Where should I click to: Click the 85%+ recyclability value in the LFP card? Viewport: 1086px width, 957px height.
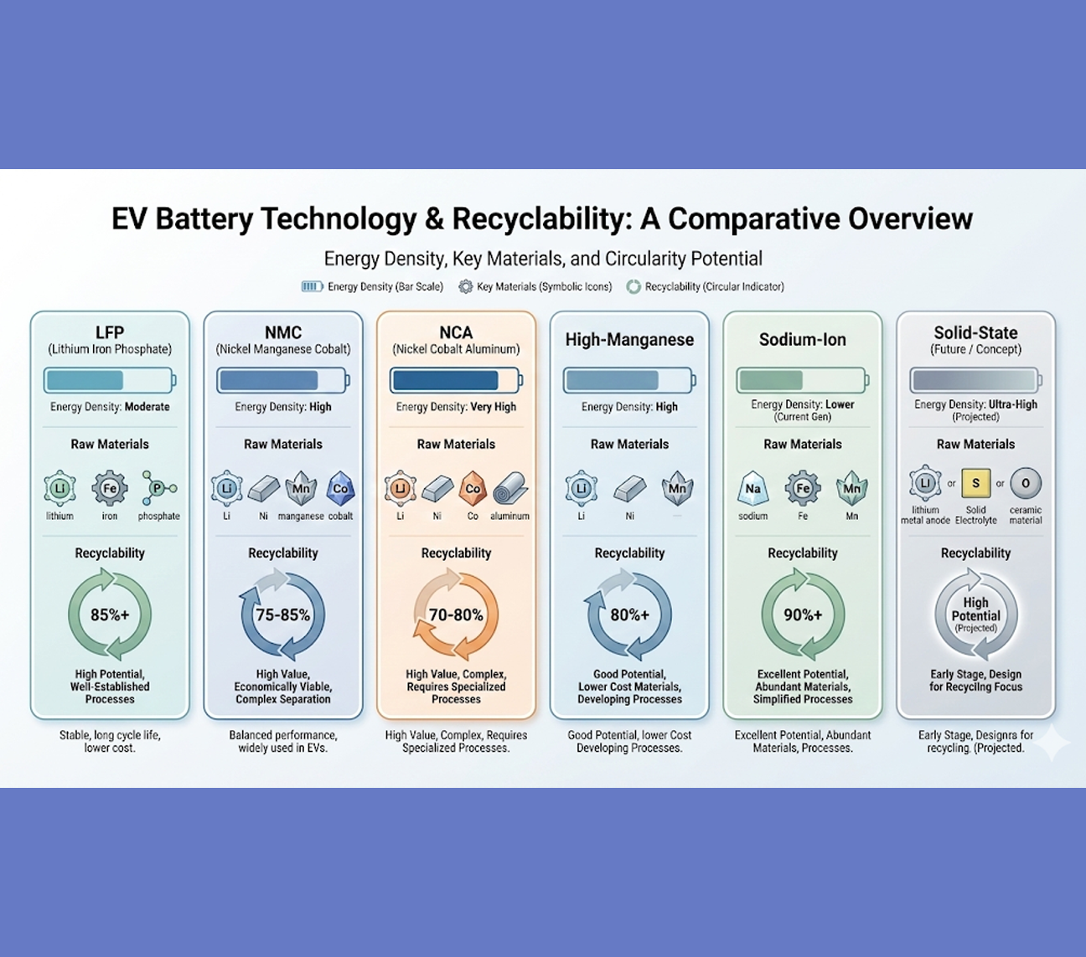pyautogui.click(x=110, y=615)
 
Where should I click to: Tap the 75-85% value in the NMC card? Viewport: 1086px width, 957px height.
pyautogui.click(x=282, y=615)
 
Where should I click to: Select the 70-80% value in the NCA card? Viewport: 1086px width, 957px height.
pyautogui.click(x=456, y=615)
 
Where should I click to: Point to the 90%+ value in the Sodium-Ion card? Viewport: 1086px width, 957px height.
pyautogui.click(x=803, y=615)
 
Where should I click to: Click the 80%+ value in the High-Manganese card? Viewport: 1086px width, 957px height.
pyautogui.click(x=629, y=615)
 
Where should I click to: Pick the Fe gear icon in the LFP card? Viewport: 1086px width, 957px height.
pyautogui.click(x=110, y=488)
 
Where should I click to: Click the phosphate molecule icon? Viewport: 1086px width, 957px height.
pyautogui.click(x=158, y=488)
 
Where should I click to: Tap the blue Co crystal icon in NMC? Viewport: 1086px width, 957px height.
pyautogui.click(x=340, y=488)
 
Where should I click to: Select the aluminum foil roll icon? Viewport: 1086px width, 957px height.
pyautogui.click(x=509, y=488)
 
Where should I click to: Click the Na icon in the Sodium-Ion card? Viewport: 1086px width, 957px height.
pyautogui.click(x=753, y=488)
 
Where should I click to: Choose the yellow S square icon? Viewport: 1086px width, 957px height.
pyautogui.click(x=975, y=483)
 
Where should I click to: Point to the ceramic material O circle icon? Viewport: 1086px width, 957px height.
pyautogui.click(x=1026, y=483)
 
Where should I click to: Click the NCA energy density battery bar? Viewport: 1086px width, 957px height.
pyautogui.click(x=456, y=381)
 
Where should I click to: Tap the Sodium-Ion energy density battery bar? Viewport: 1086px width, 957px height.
pyautogui.click(x=803, y=381)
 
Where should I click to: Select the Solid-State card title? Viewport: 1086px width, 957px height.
pyautogui.click(x=975, y=332)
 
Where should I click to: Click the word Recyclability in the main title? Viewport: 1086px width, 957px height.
pyautogui.click(x=540, y=219)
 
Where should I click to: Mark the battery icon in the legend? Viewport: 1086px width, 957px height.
pyautogui.click(x=312, y=286)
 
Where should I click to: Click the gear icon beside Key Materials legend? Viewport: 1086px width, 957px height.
pyautogui.click(x=466, y=286)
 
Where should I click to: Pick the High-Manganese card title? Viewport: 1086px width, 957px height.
pyautogui.click(x=629, y=339)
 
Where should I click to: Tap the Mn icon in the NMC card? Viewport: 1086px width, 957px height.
pyautogui.click(x=301, y=488)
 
